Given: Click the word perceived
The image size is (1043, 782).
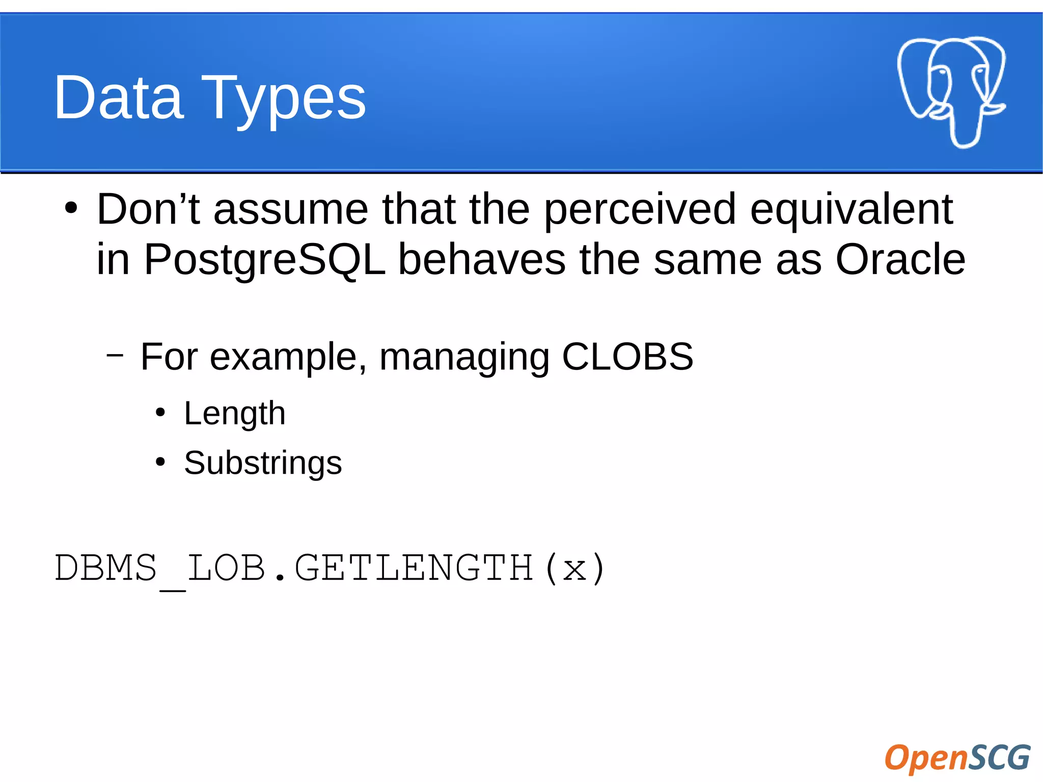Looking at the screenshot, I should pos(640,210).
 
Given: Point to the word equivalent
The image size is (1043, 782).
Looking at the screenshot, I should pos(851,210).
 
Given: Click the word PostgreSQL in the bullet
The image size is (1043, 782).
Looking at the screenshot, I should pos(264,260).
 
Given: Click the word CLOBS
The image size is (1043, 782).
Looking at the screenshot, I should pos(627,356).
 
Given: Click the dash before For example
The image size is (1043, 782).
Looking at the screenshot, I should pos(115,355).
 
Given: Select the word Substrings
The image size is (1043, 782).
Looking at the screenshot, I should pos(263,463).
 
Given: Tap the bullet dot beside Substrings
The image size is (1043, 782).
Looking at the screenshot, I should pos(160,462).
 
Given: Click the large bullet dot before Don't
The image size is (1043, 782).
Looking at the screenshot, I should pos(71,208).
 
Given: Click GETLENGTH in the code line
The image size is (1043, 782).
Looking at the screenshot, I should pos(414,568).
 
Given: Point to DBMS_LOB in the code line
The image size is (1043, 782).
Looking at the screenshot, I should pos(160,568).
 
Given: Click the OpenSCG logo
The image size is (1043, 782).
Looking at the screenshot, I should pos(957,758).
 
